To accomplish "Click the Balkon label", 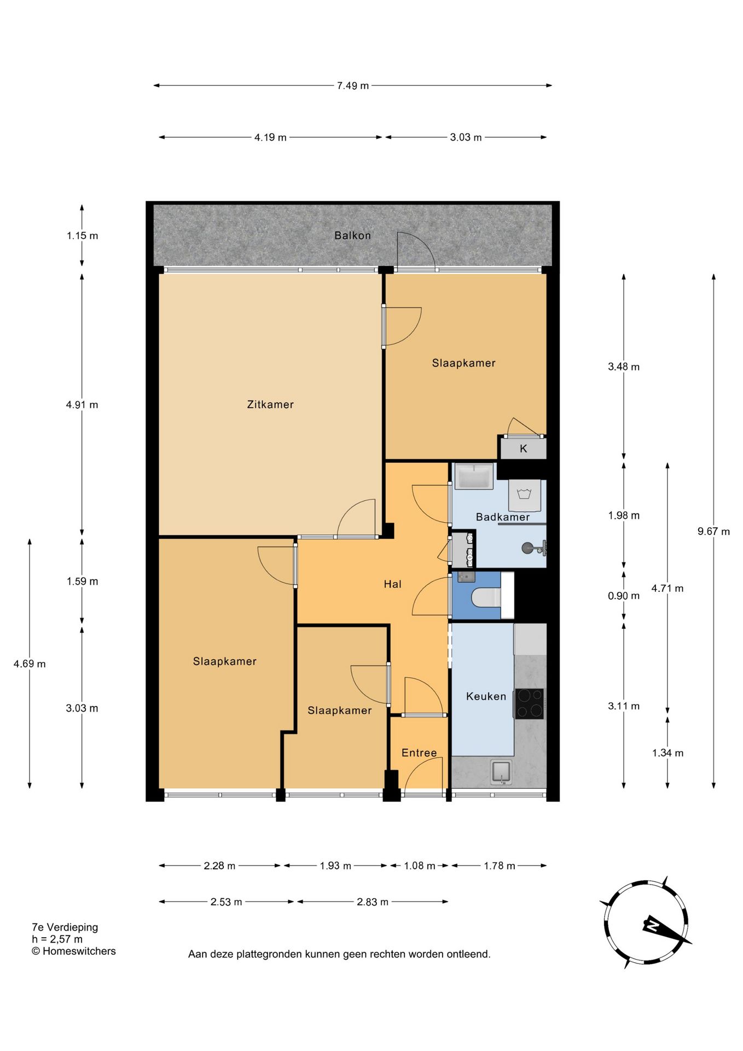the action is coord(352,235).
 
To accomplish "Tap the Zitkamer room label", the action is coord(270,405).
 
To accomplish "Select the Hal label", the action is coord(392,584).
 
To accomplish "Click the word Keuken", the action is coord(486,696).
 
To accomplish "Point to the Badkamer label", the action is coord(503,517).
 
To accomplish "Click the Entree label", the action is coord(419,753).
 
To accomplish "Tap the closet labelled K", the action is coord(524,449).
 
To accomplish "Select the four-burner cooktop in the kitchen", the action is coord(529,703).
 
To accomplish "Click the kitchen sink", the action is coord(501,772).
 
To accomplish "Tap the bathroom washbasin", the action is coord(474,476).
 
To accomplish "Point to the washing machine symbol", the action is coord(525,495).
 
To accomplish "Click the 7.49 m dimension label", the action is coord(353,86).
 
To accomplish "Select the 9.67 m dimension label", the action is coord(713,532).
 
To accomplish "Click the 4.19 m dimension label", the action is coord(270,137).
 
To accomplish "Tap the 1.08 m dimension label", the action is coord(420,866).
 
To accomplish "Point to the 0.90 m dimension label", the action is coord(624,596).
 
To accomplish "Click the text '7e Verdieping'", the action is coord(65,927).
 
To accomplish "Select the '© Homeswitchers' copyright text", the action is coord(73,951).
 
